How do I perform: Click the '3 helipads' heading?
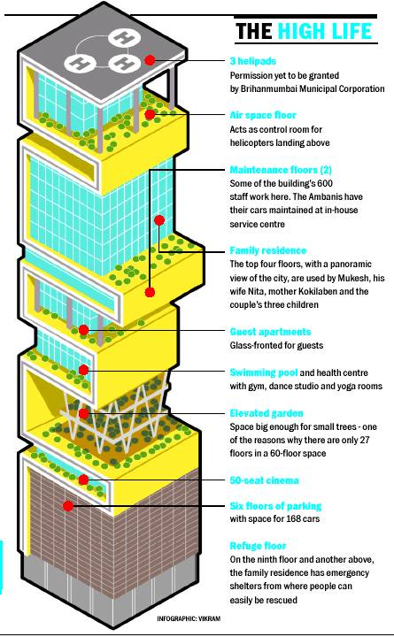tap(252, 61)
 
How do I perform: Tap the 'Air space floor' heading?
tap(263, 115)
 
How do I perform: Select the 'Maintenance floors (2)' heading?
tap(281, 170)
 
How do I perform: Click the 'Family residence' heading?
tap(268, 250)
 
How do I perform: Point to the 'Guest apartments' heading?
tap(270, 332)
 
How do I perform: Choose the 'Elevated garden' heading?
tap(267, 413)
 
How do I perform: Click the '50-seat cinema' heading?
tap(264, 480)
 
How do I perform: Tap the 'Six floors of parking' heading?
tap(275, 506)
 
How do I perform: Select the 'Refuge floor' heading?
tap(258, 546)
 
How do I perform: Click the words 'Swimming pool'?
tap(264, 373)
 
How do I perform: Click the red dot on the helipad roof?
tap(150, 60)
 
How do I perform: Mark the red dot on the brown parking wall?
tap(68, 506)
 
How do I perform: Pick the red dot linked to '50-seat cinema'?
tap(83, 480)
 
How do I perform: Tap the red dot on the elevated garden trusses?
tap(83, 413)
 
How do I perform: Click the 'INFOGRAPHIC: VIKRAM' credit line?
tap(189, 618)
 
